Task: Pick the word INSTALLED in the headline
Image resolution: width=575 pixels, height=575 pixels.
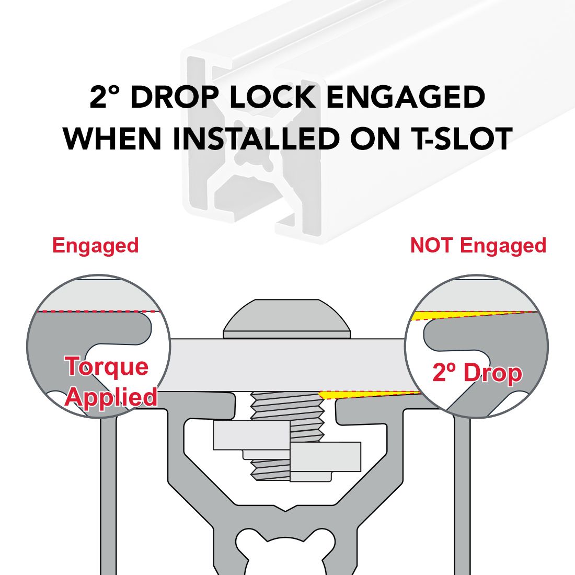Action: coord(256,139)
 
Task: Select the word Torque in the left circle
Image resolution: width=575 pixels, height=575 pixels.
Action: coord(107,367)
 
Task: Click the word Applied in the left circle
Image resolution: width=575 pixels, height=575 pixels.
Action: coord(111,397)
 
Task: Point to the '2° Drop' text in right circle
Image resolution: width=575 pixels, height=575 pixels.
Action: coord(477,373)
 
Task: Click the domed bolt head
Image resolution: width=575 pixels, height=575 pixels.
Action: coord(287,318)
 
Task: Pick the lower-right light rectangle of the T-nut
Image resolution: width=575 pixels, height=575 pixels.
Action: coord(325,457)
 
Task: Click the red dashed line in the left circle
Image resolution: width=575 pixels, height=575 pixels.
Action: coord(98,312)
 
